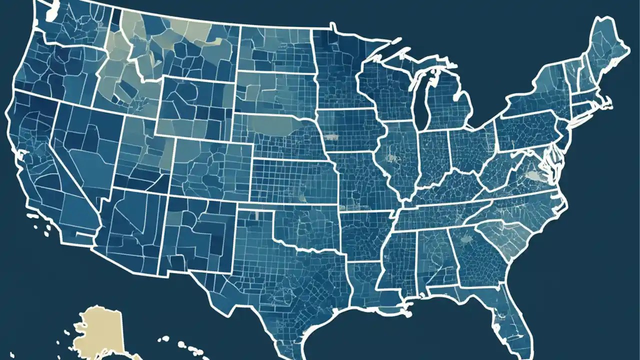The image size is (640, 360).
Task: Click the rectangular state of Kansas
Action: point(295,180)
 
